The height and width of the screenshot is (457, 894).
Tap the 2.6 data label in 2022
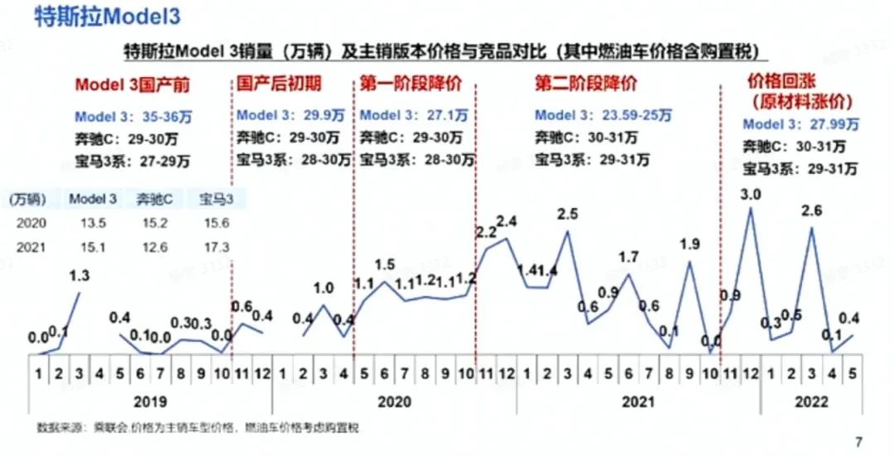pos(810,211)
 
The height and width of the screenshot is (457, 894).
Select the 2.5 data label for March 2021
pos(567,214)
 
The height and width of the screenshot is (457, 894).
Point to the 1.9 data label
pos(690,244)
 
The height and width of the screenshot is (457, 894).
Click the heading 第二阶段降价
pos(587,84)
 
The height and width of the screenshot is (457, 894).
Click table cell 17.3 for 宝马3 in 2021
pos(215,248)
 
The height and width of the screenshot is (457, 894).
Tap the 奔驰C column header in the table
pos(154,200)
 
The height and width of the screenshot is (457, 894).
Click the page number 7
pos(858,441)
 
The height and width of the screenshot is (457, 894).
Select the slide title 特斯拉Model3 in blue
pos(108,16)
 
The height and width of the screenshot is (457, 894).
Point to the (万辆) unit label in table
pos(29,200)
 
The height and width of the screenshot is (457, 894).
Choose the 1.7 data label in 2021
pos(628,257)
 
